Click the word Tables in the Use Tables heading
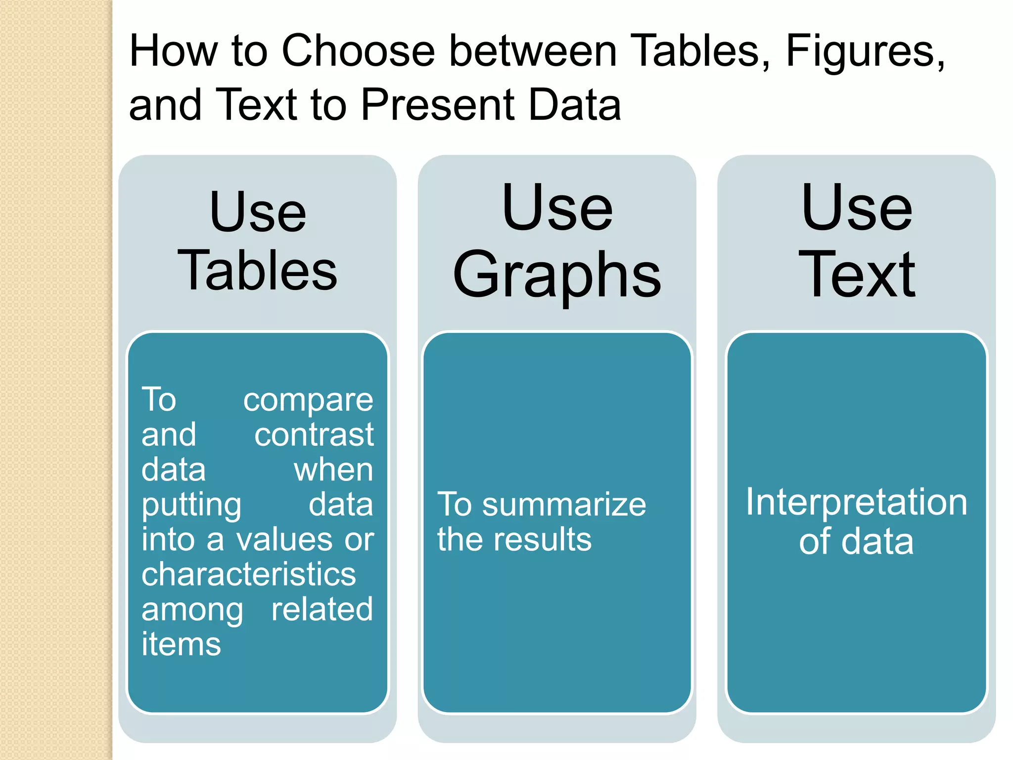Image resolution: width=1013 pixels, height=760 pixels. pyautogui.click(x=257, y=270)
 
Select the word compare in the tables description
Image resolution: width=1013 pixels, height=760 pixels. pyautogui.click(x=308, y=400)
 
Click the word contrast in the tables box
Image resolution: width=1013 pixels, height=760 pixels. pyautogui.click(x=314, y=435)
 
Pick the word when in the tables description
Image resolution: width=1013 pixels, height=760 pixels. pyautogui.click(x=333, y=470)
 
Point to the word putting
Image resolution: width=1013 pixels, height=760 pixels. pyautogui.click(x=191, y=505)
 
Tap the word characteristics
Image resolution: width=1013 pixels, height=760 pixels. pyautogui.click(x=248, y=574)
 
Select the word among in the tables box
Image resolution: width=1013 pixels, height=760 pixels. pyautogui.click(x=192, y=610)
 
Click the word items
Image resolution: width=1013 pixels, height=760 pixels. pyautogui.click(x=181, y=644)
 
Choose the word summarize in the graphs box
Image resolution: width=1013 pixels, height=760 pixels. pyautogui.click(x=564, y=505)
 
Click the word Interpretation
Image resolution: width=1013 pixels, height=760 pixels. pyautogui.click(x=856, y=502)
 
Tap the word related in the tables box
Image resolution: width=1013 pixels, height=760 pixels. pyautogui.click(x=322, y=609)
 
